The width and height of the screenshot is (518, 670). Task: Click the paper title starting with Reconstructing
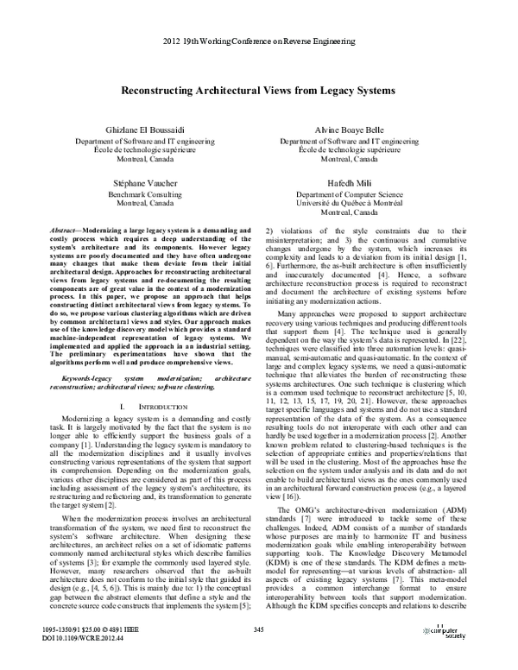coord(258,90)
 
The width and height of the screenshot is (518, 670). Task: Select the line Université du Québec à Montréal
coord(354,205)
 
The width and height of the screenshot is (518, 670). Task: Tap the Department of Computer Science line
coord(354,196)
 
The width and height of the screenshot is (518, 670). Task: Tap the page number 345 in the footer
coord(258,630)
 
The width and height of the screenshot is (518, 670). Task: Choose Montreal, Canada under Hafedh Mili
coord(354,214)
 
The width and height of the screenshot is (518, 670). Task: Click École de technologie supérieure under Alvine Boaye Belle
coord(354,149)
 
